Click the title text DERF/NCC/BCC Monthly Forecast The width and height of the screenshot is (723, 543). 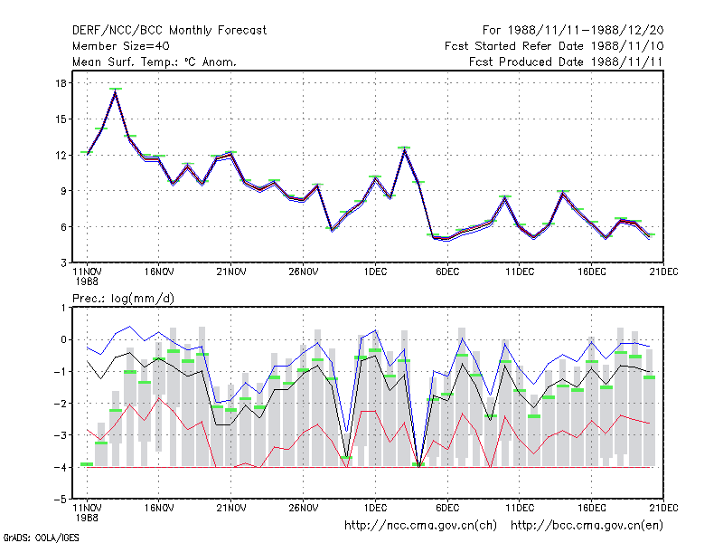tap(169, 31)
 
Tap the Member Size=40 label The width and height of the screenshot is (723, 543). tap(121, 46)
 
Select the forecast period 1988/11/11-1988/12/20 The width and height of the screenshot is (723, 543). tap(586, 31)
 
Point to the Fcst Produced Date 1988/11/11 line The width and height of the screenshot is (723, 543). tap(566, 62)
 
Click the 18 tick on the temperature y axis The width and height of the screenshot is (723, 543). tap(61, 83)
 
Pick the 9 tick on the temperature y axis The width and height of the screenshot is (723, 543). tap(63, 191)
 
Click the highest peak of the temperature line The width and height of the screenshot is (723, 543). tap(116, 92)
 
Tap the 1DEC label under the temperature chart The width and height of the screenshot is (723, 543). tap(375, 272)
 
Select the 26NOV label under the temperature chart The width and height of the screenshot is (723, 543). tap(304, 272)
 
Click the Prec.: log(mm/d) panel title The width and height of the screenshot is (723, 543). tap(123, 299)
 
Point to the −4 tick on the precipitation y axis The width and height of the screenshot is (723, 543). tap(61, 467)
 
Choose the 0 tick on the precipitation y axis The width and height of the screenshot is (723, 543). tap(63, 340)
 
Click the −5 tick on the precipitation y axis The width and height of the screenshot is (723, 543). tap(61, 500)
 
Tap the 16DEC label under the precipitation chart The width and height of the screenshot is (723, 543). tap(592, 508)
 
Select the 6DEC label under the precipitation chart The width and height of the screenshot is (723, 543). tap(447, 508)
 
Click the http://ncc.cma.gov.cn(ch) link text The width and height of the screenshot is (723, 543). tap(420, 526)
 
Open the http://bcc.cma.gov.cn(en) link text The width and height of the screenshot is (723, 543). tap(587, 526)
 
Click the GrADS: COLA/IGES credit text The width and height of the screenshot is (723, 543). tap(41, 538)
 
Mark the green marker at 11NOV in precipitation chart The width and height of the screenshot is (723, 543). tap(87, 464)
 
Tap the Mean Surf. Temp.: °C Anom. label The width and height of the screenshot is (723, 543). tap(154, 62)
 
